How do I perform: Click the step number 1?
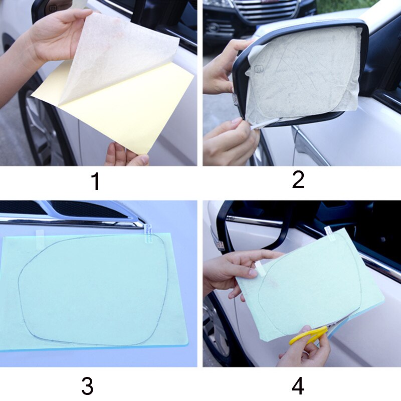point(96,181)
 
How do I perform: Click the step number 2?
point(298,180)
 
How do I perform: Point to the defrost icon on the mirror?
point(258,69)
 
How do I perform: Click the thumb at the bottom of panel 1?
point(140,160)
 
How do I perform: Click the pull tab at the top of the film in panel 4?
point(330,234)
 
